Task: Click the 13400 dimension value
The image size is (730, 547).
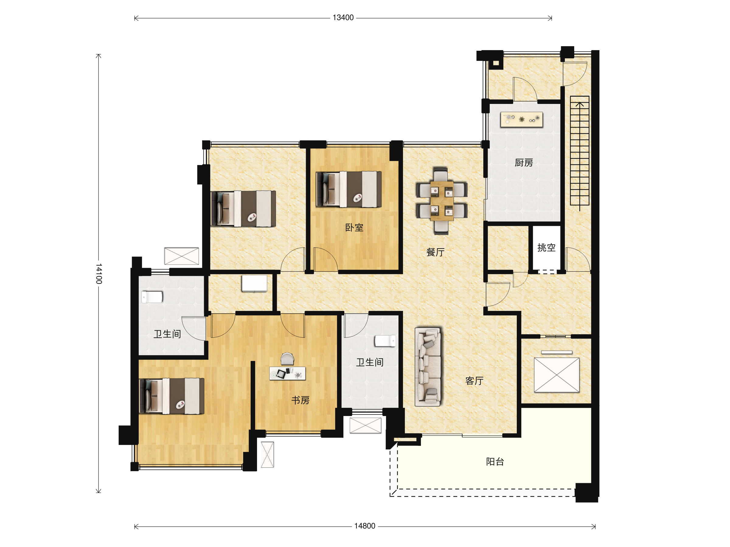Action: click(343, 18)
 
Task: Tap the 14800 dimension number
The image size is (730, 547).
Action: click(365, 526)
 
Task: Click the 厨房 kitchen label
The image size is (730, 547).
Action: click(524, 163)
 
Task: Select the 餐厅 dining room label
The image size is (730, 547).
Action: click(435, 252)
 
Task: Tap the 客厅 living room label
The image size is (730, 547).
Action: click(474, 381)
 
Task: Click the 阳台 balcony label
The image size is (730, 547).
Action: click(495, 462)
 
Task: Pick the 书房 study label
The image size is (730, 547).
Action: click(300, 400)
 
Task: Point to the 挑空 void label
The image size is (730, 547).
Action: click(546, 247)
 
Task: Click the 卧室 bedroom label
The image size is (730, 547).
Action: click(354, 228)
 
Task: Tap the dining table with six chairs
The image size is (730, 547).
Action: click(442, 201)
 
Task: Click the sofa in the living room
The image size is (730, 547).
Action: click(428, 367)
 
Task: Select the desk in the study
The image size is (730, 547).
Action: click(287, 373)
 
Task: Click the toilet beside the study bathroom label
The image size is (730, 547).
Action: click(385, 341)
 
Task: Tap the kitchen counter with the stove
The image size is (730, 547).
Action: click(521, 119)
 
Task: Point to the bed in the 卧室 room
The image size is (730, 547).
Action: click(349, 189)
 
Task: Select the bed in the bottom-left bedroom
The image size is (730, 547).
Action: click(172, 396)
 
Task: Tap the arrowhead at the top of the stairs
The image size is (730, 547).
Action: click(580, 104)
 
